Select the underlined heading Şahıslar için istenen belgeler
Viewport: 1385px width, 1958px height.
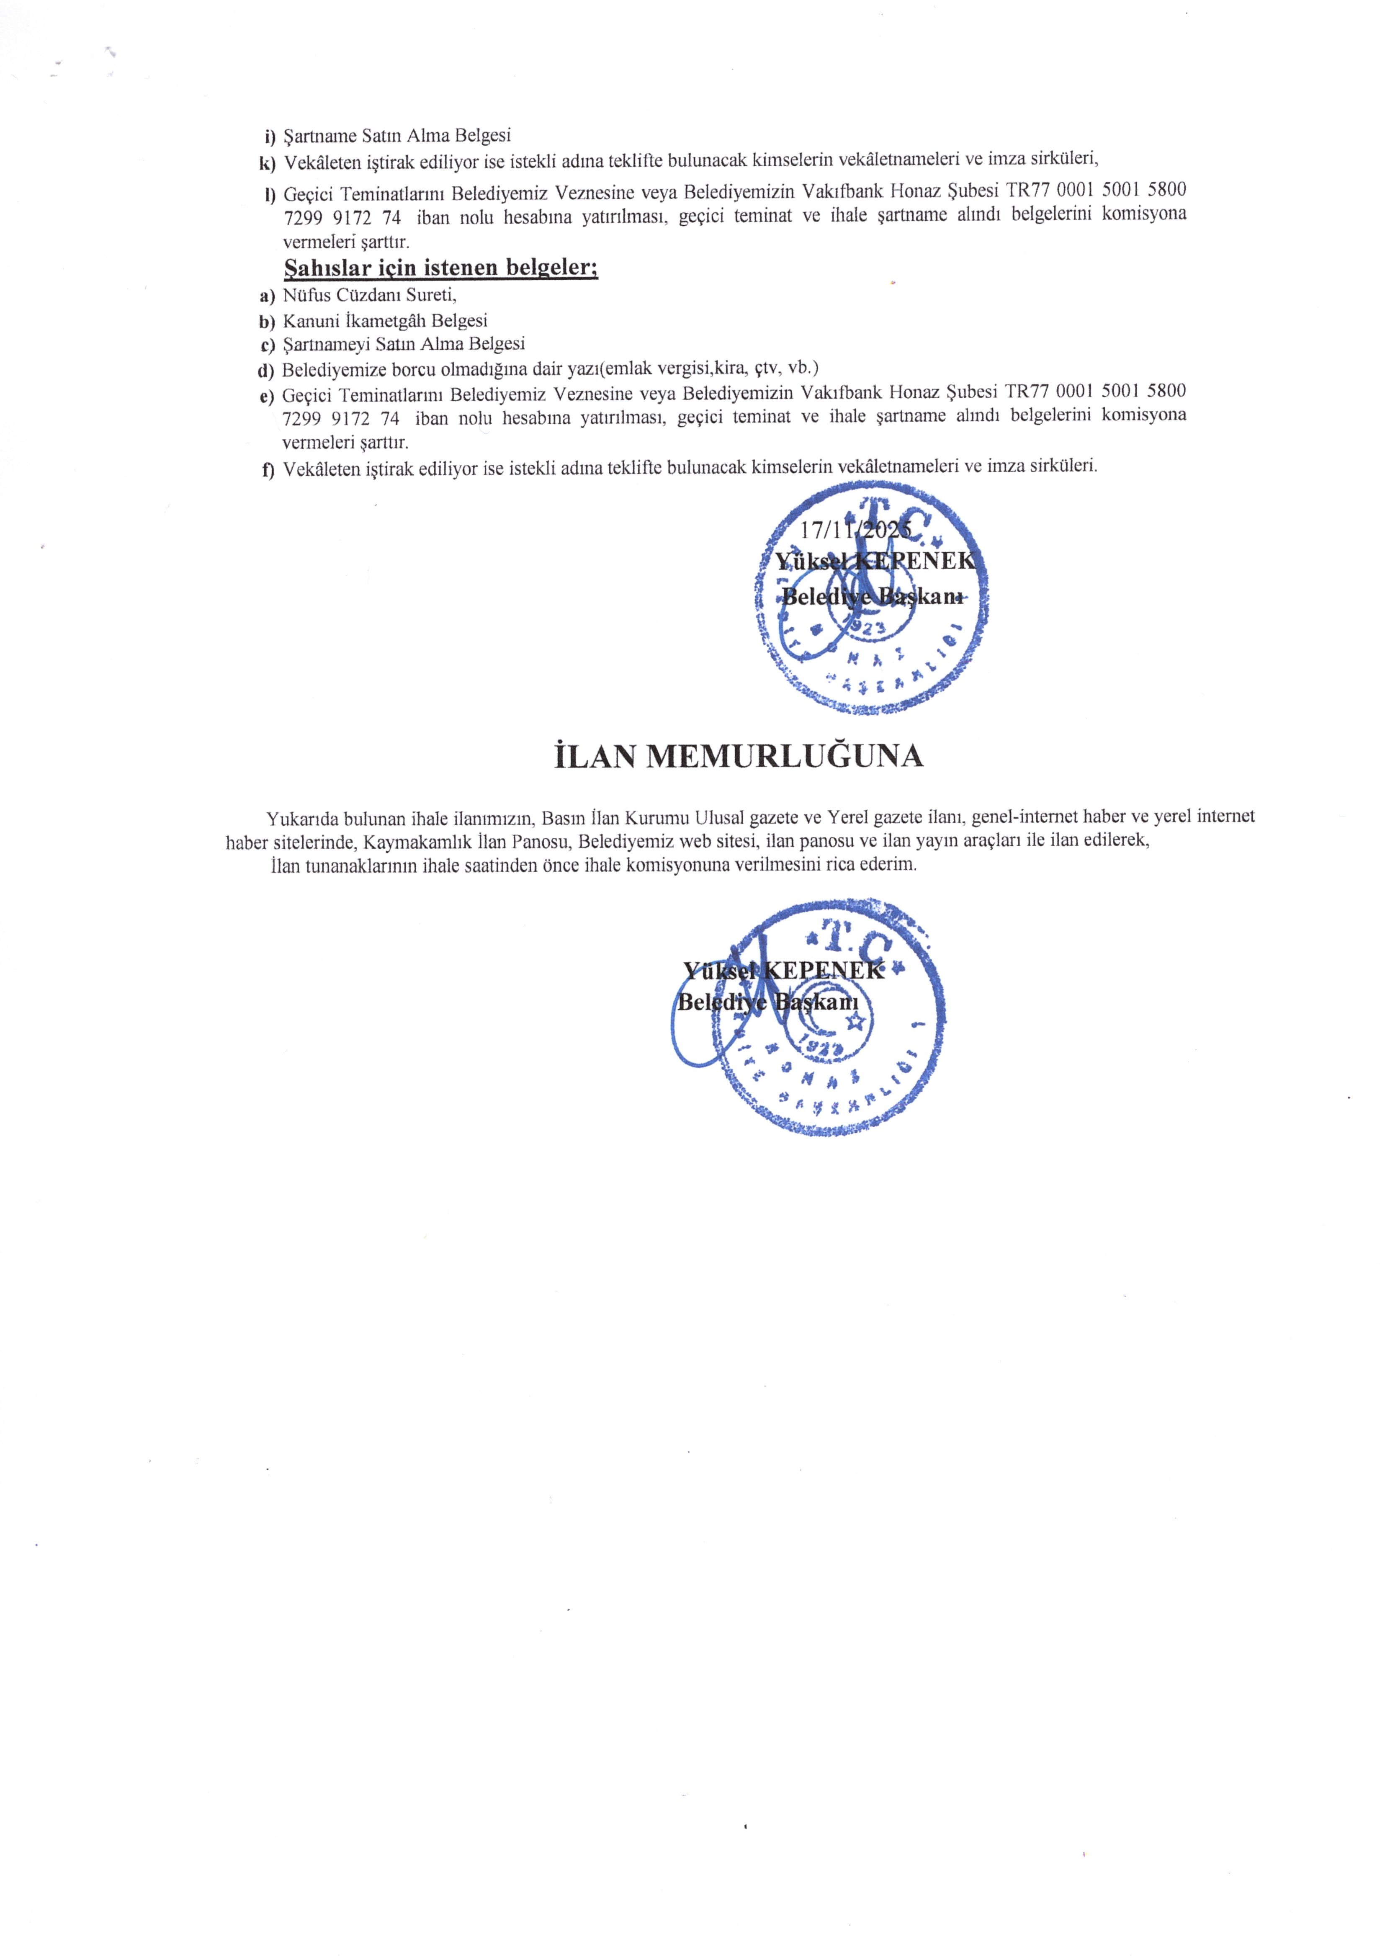[x=441, y=268]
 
